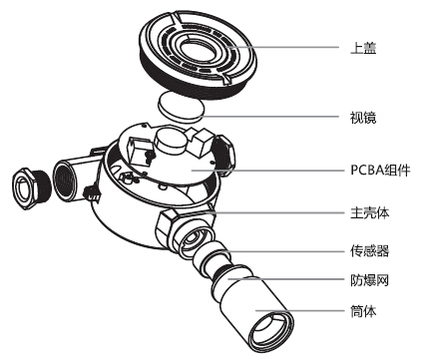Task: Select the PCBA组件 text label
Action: click(x=379, y=169)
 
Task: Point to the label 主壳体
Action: click(x=369, y=211)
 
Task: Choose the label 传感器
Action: click(x=369, y=250)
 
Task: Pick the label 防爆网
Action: click(x=369, y=281)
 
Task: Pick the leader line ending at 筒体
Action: click(x=319, y=312)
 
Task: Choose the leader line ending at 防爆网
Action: click(x=299, y=281)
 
